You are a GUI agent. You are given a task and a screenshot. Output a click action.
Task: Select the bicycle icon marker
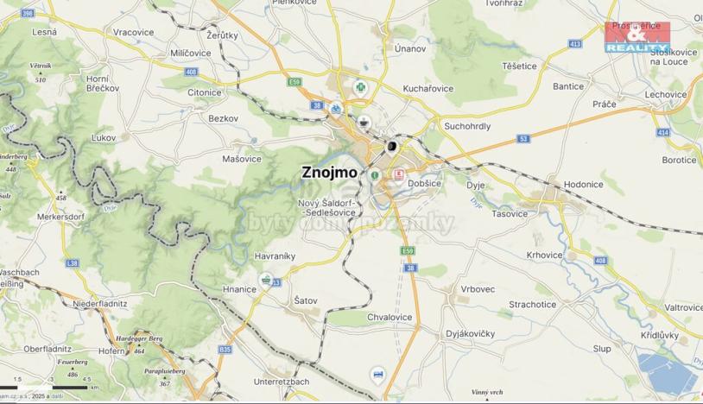click(335, 109)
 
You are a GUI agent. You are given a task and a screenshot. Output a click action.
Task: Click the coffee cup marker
click(364, 122)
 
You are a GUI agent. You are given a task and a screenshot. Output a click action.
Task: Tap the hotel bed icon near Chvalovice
click(377, 374)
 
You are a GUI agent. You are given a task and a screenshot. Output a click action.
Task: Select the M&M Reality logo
click(637, 37)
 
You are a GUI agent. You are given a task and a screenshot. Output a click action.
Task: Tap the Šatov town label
click(306, 300)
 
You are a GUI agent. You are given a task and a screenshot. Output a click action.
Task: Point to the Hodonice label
click(583, 185)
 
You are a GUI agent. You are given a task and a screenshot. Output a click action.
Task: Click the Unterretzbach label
click(282, 381)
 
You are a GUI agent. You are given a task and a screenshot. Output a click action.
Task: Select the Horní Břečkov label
click(96, 84)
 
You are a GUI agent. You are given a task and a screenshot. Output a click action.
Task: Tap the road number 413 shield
click(575, 43)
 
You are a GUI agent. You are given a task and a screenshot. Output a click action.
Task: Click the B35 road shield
click(225, 350)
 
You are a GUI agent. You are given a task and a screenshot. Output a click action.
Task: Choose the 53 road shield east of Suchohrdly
click(523, 138)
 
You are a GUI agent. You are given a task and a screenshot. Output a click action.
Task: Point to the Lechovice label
click(665, 95)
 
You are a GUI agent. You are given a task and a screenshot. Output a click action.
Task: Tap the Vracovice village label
click(133, 32)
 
